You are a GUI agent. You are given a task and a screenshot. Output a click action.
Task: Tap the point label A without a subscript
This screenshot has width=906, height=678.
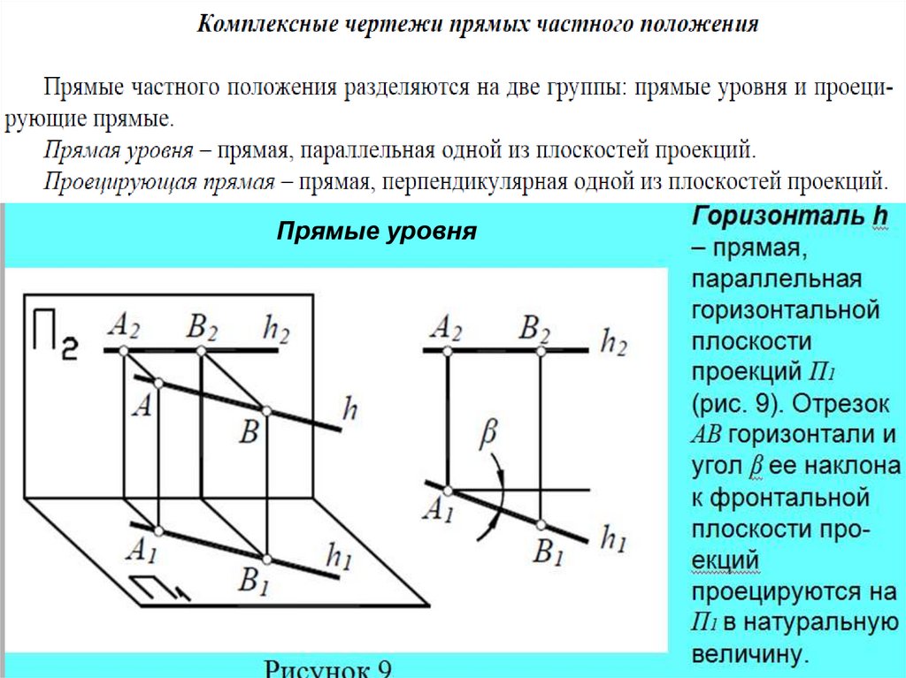click(141, 405)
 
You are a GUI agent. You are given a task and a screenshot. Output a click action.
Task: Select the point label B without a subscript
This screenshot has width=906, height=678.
click(250, 432)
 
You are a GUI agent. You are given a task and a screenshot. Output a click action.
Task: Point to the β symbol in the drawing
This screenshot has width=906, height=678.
click(488, 434)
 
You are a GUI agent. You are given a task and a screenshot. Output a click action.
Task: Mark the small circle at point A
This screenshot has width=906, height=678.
click(157, 384)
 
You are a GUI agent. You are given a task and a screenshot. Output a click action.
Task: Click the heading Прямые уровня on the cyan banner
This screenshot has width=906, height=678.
click(377, 232)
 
